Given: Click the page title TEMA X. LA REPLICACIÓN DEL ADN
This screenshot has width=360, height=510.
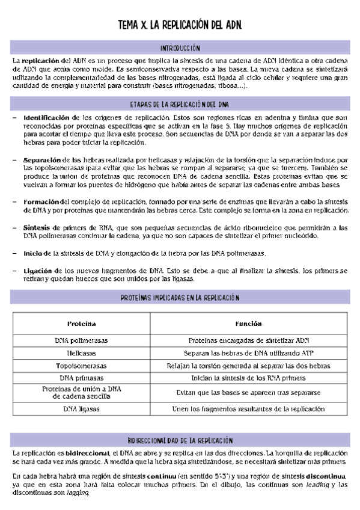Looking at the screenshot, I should (180, 26).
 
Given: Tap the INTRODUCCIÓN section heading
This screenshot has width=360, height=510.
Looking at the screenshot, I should (180, 48).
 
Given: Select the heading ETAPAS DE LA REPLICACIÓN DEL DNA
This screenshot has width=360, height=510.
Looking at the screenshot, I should (180, 103).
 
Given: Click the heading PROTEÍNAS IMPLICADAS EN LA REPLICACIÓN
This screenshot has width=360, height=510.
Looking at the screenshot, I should (180, 297).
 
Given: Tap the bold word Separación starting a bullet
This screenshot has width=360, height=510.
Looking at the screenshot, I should (42, 160).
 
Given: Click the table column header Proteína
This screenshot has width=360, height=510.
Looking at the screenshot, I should (81, 324).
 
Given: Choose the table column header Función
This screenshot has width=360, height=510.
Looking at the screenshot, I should (248, 324).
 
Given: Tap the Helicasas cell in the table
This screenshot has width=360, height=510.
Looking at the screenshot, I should (81, 352).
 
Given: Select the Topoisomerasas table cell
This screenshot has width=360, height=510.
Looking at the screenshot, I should (81, 365).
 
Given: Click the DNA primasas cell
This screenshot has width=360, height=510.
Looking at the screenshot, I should (81, 378).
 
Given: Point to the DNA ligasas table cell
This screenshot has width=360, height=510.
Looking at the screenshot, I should (81, 409).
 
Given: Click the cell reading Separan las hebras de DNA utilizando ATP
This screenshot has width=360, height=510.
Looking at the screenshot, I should (248, 352).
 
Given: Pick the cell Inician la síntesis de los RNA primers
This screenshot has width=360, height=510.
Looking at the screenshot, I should (248, 378).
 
